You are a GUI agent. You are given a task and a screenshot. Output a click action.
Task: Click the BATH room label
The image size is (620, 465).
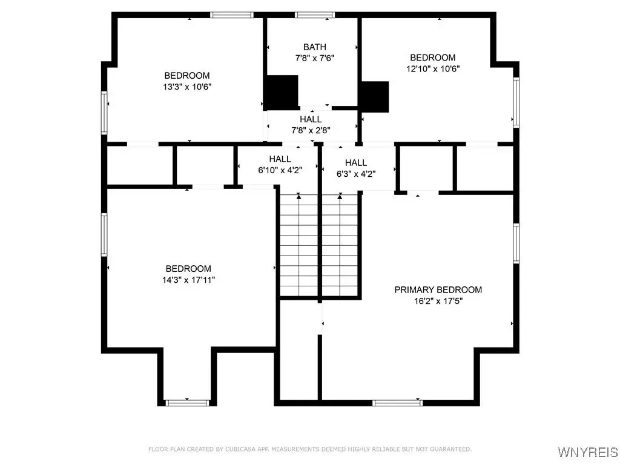[315, 47]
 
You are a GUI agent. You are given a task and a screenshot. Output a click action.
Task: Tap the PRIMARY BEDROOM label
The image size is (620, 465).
[438, 290]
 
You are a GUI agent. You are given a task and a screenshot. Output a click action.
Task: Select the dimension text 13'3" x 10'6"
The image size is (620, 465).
[188, 87]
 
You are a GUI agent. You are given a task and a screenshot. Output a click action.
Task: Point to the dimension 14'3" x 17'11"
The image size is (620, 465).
[189, 280]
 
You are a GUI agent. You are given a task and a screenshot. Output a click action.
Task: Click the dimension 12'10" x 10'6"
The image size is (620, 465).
[433, 68]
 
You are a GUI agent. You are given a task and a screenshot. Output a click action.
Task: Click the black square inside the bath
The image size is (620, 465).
[281, 93]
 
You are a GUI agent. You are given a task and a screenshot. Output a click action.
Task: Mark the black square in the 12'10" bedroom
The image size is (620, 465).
[374, 96]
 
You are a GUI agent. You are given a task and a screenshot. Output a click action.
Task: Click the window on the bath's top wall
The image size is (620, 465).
[315, 15]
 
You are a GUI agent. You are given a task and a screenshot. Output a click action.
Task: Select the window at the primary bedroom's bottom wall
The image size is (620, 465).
[397, 403]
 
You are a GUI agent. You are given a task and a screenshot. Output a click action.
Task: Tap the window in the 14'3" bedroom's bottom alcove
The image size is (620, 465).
[187, 403]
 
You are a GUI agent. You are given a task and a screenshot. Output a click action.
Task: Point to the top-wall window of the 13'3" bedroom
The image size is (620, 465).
[232, 15]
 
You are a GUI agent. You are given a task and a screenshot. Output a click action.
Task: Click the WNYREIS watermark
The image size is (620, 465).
[588, 452]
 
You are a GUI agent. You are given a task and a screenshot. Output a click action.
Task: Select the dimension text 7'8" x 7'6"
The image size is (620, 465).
[315, 58]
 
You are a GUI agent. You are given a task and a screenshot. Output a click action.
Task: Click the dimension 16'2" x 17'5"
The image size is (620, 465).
[438, 301]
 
